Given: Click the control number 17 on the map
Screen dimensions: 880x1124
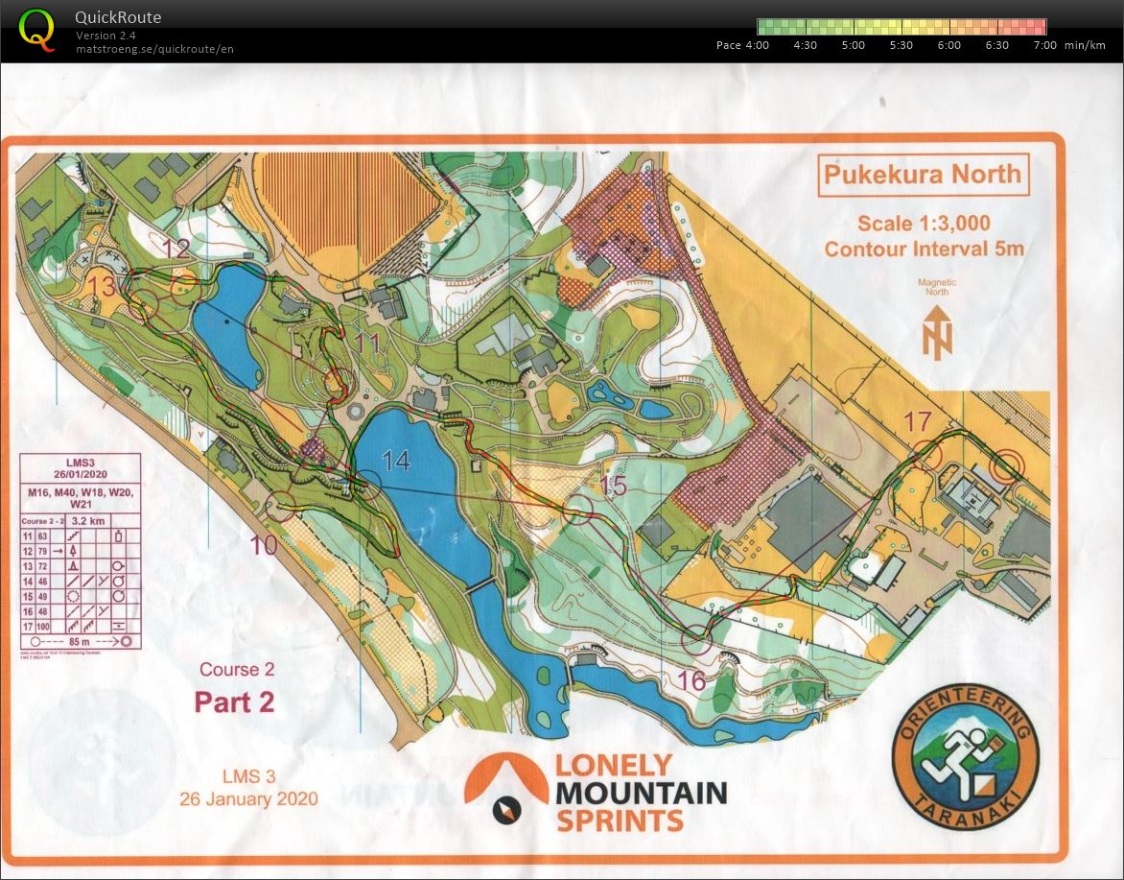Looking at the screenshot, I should point(918,420).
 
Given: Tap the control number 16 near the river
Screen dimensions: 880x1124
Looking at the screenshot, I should point(691,680).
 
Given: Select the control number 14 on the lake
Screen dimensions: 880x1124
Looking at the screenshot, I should point(395,461).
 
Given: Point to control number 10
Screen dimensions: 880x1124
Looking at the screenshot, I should point(264,545).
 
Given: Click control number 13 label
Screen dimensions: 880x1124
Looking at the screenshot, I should point(104,285).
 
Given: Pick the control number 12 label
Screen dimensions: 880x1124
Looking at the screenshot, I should point(176,249).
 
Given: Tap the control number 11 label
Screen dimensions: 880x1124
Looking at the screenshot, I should point(366,343).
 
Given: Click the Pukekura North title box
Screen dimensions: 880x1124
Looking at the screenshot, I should point(923,175).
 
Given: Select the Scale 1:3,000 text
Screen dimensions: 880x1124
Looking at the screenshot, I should point(923,223).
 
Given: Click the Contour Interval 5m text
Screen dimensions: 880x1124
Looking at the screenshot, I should point(923,250).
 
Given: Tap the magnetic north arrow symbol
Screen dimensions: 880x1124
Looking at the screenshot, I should point(936,332).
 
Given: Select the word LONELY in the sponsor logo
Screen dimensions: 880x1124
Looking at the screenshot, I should point(614,764).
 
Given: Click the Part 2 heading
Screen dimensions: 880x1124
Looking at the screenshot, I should point(235,702).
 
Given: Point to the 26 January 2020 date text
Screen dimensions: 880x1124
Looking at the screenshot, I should point(248,797).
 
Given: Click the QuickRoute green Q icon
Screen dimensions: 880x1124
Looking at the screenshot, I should point(36,29).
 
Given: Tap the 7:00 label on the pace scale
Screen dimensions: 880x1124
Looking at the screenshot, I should point(1044,45).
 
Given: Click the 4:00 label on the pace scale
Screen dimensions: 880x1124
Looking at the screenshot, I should point(756,45).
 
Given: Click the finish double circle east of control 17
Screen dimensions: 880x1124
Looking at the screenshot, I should point(1006,466).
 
